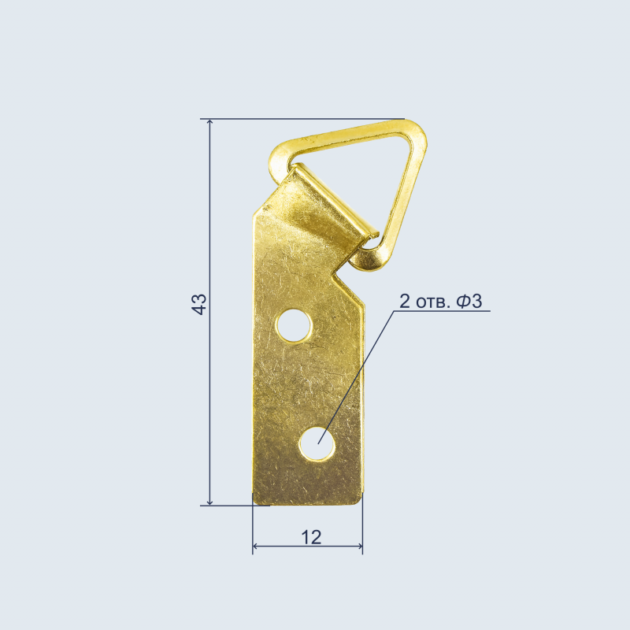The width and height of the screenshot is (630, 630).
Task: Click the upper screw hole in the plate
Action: coord(294,325)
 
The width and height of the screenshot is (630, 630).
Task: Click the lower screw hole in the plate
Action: coord(317,443)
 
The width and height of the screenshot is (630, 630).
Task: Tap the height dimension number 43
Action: coord(199,304)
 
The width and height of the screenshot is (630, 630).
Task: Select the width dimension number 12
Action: coord(311,537)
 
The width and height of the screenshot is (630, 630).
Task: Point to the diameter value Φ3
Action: coord(469,301)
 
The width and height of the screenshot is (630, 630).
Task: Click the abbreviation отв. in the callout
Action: coord(433,302)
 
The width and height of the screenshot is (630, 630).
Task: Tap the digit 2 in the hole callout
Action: coord(405,301)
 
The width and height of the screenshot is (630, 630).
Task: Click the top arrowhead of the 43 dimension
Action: coord(209,122)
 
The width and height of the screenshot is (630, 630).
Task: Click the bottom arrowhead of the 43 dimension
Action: coord(209,502)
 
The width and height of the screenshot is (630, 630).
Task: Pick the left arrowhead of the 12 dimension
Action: coord(255,547)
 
